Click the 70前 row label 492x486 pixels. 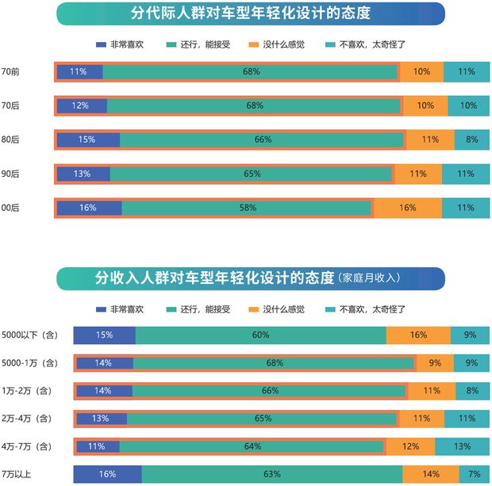(11, 71)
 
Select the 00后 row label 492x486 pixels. (11, 208)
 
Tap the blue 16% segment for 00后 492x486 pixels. (88, 208)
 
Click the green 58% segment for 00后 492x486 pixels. (247, 208)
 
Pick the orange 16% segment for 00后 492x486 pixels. (408, 208)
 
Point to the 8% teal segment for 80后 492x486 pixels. (471, 140)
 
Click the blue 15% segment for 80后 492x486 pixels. (87, 140)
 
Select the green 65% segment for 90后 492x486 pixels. (252, 174)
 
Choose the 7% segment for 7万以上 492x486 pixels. (474, 474)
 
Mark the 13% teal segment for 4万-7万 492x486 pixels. (462, 446)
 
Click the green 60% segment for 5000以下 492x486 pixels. (260, 335)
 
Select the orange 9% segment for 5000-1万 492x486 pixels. (434, 363)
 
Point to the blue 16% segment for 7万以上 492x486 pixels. (107, 474)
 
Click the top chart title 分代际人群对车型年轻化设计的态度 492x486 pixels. (251, 13)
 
